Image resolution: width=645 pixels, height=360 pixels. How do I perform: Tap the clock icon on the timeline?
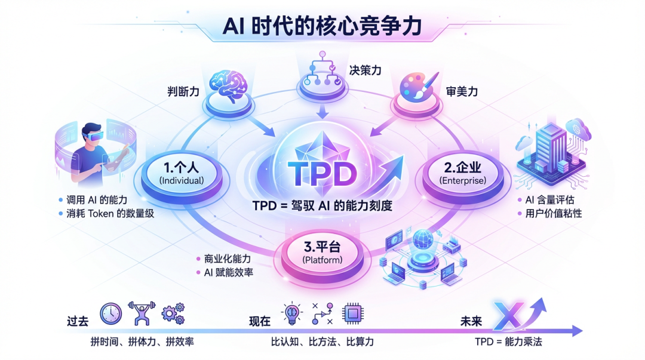point(110,313)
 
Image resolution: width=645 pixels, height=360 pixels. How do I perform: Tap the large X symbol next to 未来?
point(508,314)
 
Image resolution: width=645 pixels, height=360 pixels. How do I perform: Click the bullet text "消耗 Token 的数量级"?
point(111,213)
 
